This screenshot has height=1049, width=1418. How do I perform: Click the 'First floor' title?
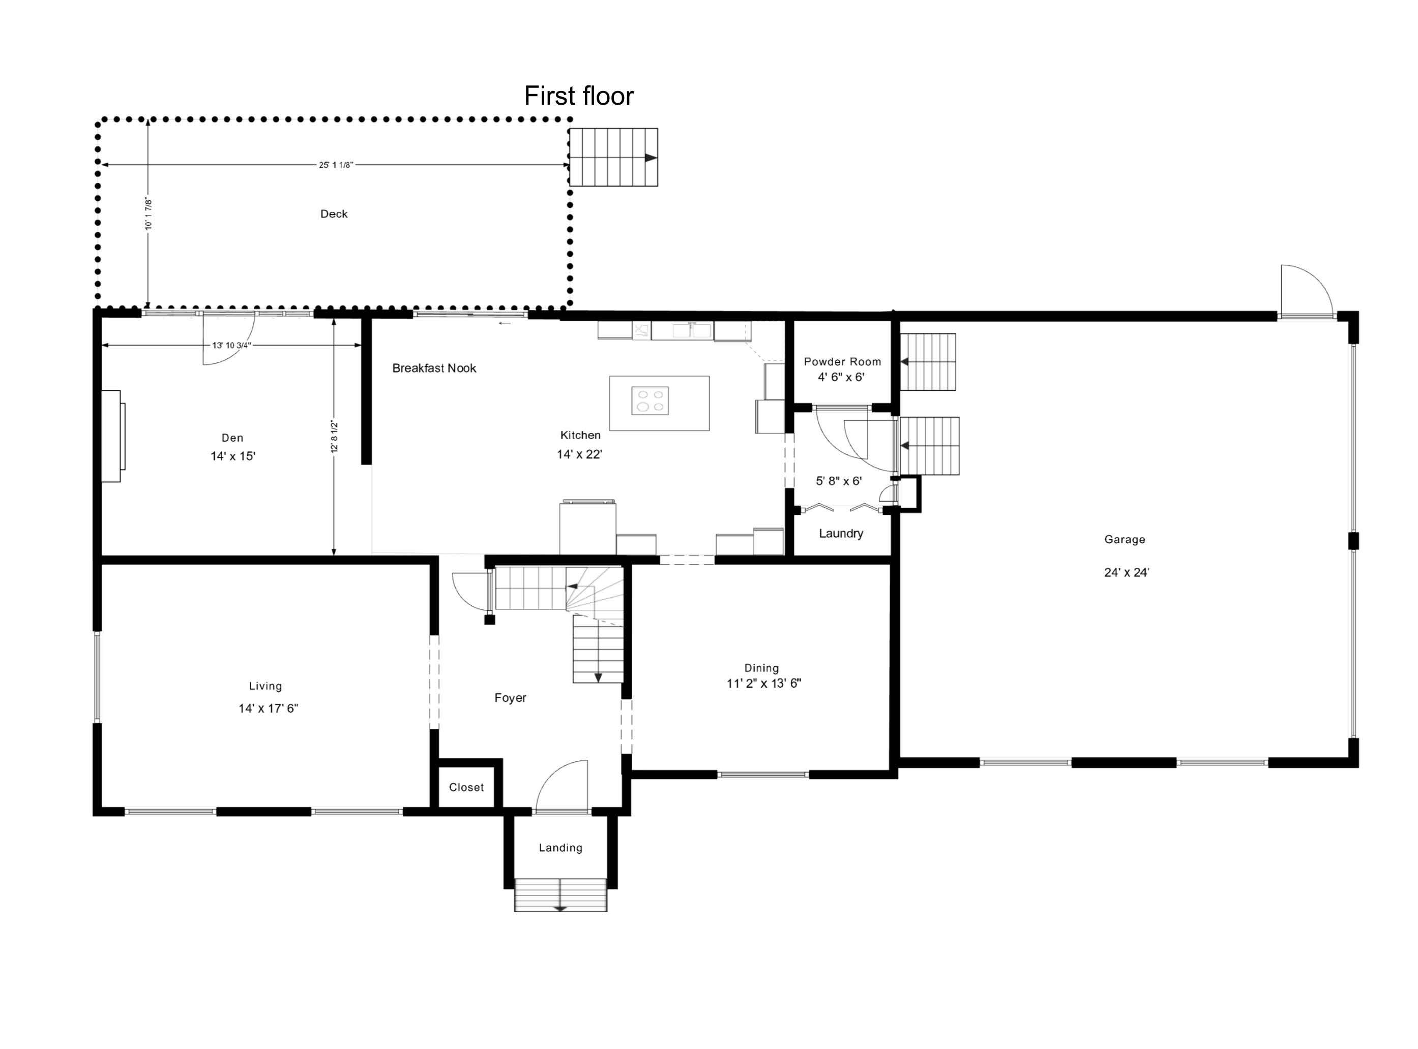click(578, 96)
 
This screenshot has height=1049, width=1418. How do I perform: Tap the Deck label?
click(334, 214)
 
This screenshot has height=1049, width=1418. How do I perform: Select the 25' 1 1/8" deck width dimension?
click(336, 165)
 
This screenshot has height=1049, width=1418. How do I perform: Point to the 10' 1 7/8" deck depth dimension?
click(148, 214)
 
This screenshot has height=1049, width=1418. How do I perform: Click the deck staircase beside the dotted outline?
click(612, 158)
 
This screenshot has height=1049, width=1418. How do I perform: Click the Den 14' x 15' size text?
click(232, 456)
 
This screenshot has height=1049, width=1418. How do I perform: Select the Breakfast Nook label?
click(434, 368)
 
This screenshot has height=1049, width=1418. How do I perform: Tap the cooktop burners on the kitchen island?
click(650, 400)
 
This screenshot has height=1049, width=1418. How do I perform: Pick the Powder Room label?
click(842, 362)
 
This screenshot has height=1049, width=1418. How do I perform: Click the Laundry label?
click(841, 533)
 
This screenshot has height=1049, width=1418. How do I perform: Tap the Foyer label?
click(510, 698)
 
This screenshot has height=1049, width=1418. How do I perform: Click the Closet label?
click(466, 787)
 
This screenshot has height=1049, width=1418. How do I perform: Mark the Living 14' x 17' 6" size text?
click(268, 708)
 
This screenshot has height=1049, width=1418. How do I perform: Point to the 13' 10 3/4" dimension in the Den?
click(231, 346)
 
